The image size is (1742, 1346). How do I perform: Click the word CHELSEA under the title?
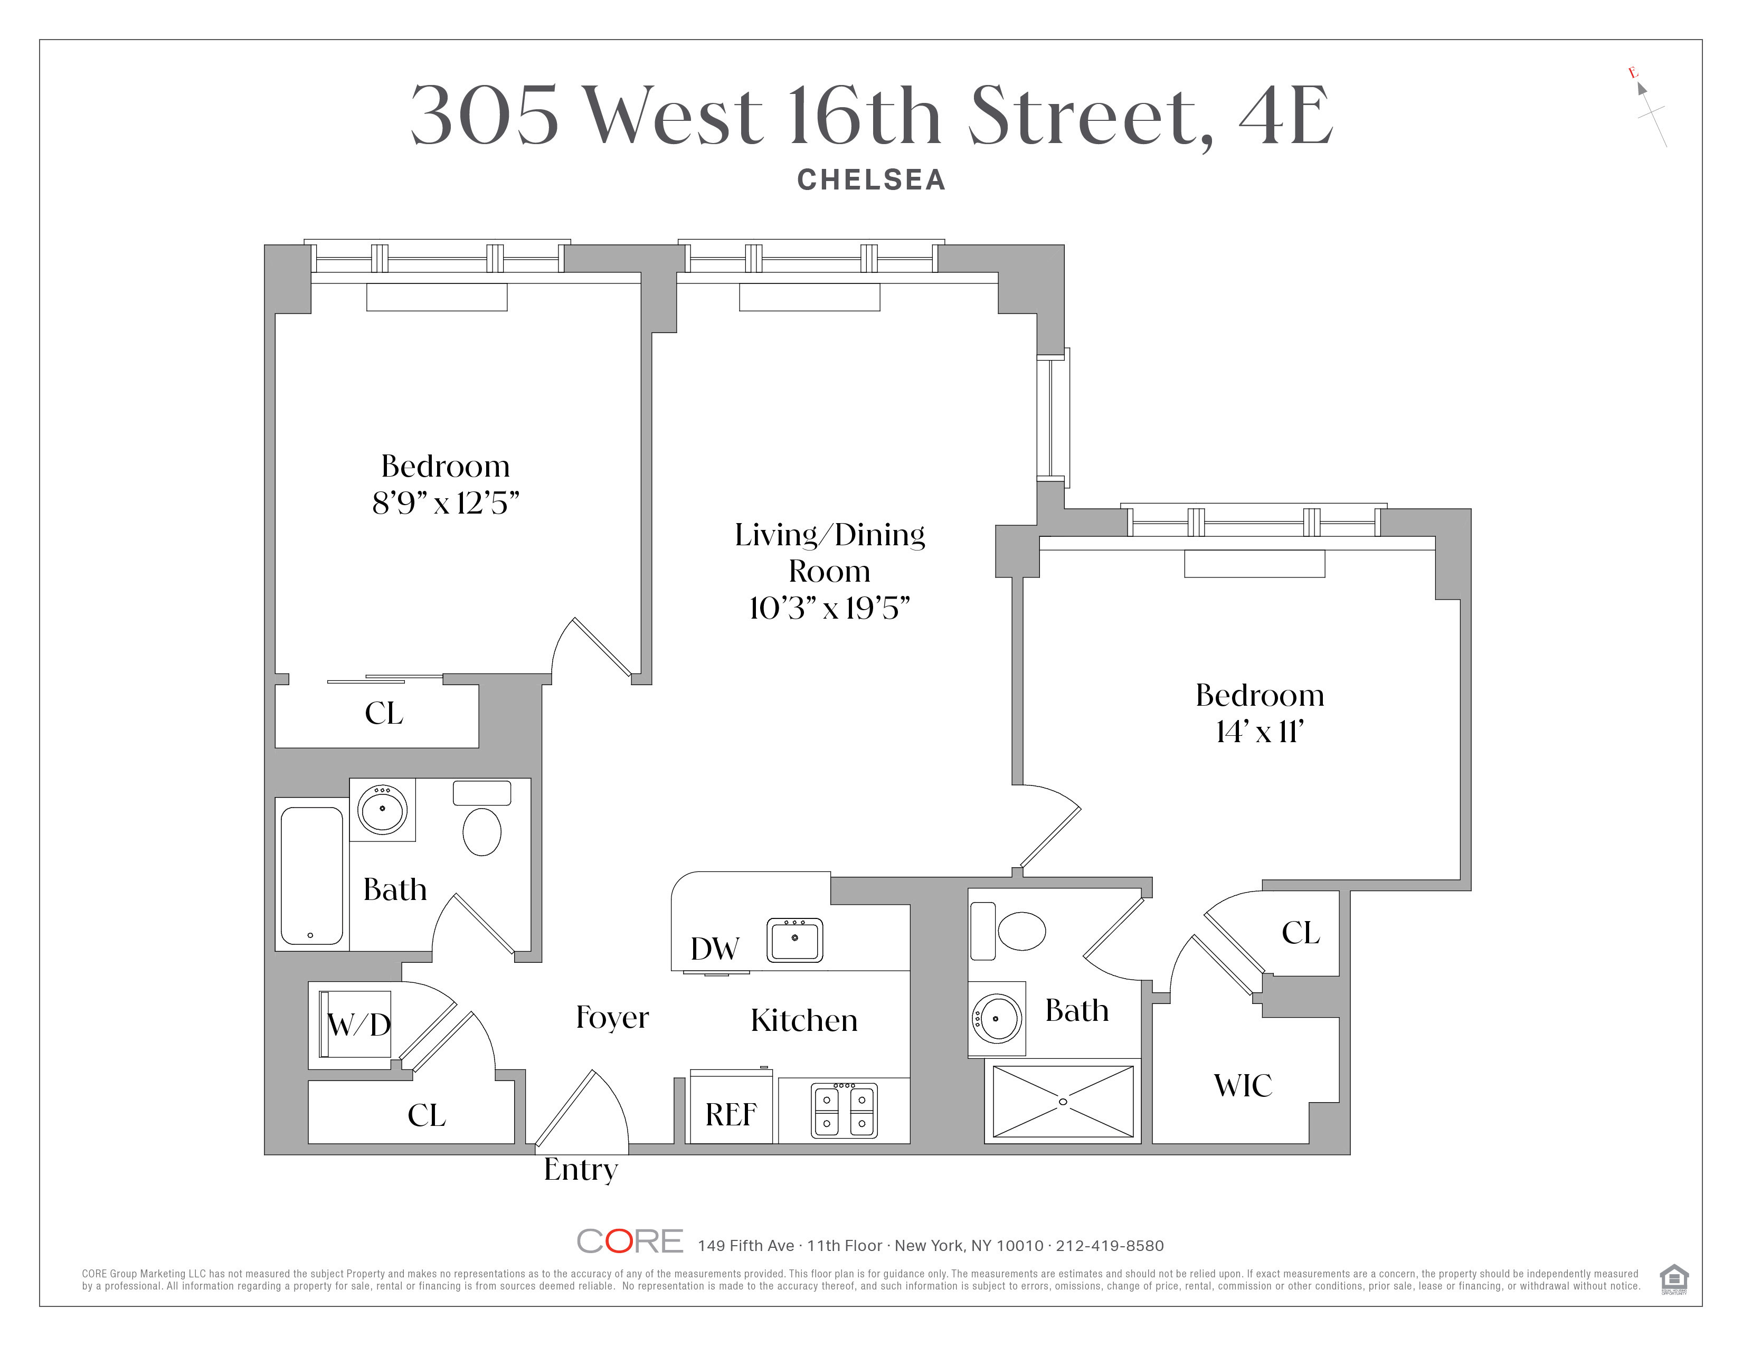click(x=871, y=180)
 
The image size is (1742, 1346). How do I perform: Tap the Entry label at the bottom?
click(x=581, y=1170)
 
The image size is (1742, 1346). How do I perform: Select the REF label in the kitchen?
click(x=731, y=1114)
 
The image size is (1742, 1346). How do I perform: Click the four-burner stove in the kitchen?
click(x=844, y=1110)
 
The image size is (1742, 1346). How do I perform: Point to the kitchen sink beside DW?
click(x=794, y=940)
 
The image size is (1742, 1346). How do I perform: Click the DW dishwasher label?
click(x=715, y=949)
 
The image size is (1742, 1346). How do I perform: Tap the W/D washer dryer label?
click(x=359, y=1025)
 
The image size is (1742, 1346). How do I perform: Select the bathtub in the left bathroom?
click(x=312, y=875)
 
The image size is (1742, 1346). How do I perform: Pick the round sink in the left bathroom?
click(x=382, y=809)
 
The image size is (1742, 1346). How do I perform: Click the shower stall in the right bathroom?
click(x=1063, y=1101)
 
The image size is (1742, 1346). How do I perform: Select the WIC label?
click(x=1243, y=1085)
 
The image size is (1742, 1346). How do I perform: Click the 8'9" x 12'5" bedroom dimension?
click(x=446, y=503)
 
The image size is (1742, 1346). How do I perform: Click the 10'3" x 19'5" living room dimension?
click(x=829, y=609)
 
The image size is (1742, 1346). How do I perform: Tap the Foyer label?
click(x=612, y=1018)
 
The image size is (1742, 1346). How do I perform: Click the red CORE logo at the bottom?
click(x=629, y=1241)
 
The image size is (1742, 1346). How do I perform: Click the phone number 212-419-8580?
click(x=1110, y=1246)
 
